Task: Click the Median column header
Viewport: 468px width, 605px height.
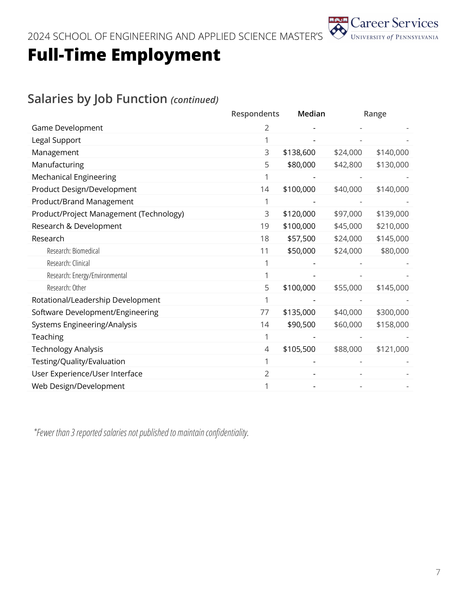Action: [311, 114]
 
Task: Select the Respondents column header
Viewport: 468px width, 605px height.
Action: [255, 114]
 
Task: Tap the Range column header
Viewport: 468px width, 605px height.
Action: [375, 114]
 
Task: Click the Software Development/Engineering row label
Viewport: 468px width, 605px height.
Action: [95, 312]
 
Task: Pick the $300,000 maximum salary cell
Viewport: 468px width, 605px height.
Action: [392, 312]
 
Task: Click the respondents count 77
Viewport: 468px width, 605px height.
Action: [264, 312]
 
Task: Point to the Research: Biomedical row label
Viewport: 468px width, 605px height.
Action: [73, 251]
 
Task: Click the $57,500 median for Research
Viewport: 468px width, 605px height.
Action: [301, 239]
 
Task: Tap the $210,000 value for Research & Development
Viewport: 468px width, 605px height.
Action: [392, 226]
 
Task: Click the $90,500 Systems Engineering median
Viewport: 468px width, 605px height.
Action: [301, 325]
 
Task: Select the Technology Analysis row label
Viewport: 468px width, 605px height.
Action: [67, 349]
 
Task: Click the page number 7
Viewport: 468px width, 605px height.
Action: [438, 572]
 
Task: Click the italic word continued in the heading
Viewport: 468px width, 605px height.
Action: [195, 100]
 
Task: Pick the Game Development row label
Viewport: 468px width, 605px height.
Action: [67, 128]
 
